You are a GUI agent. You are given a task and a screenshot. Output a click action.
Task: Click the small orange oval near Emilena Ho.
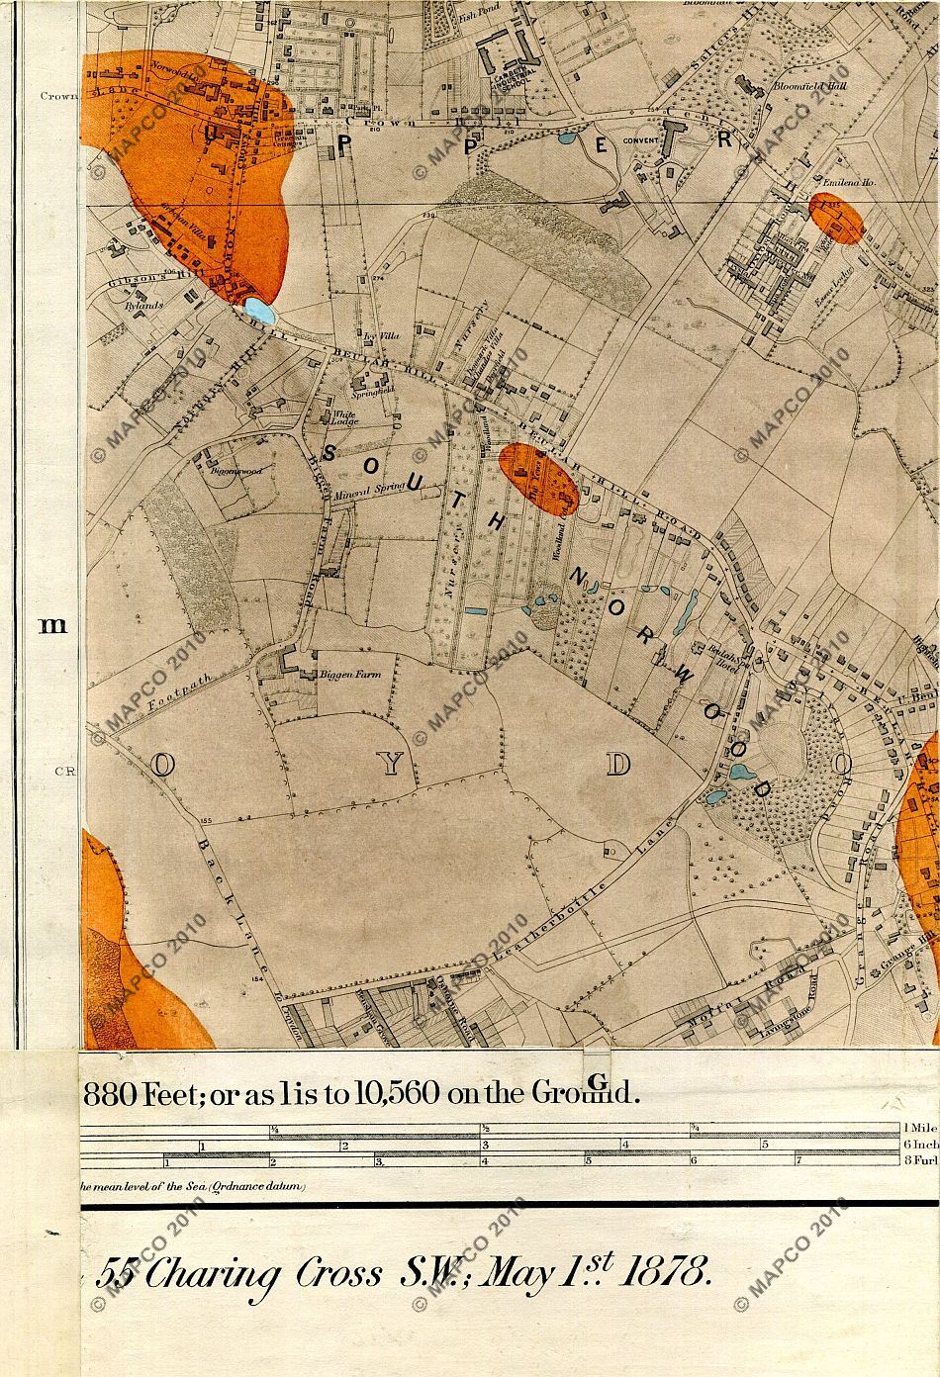(837, 219)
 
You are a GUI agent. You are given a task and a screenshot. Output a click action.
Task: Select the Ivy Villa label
(381, 336)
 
